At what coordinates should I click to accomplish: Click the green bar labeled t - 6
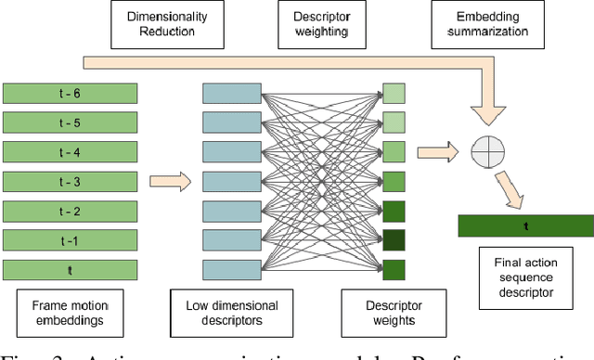click(71, 93)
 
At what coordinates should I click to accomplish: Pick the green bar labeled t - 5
click(71, 122)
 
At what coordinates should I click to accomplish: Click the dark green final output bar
click(525, 225)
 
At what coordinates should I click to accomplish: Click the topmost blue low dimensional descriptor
click(232, 93)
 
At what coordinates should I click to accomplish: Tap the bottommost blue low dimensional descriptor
click(232, 270)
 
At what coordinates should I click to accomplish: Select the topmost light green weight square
click(394, 93)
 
